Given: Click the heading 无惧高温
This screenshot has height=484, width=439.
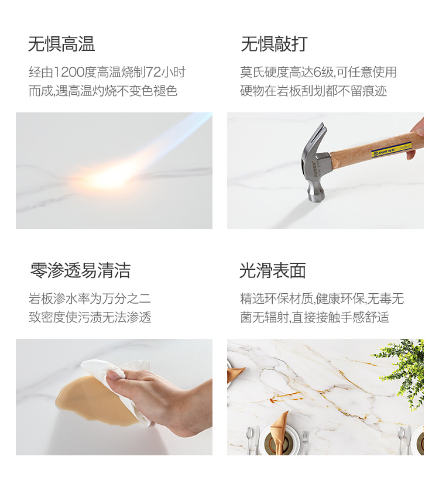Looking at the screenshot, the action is [x=61, y=44].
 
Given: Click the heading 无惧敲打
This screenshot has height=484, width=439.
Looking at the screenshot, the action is [x=274, y=44].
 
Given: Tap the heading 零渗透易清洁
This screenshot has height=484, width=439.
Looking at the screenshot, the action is [x=80, y=270].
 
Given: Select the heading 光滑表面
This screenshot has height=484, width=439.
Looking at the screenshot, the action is [x=273, y=270].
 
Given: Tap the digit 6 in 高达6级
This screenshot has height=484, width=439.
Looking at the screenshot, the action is [x=317, y=72].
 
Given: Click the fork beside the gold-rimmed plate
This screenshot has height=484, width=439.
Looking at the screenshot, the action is [x=305, y=442].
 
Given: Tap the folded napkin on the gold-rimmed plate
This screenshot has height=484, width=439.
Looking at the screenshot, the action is [x=279, y=427].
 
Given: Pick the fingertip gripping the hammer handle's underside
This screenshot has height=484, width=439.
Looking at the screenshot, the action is [x=411, y=154].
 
